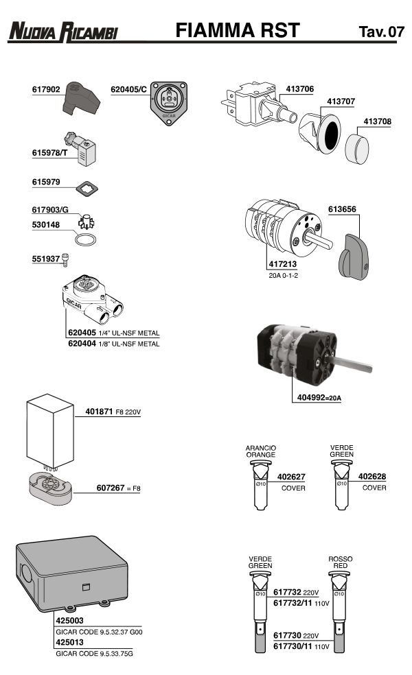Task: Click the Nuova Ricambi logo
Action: click(63, 31)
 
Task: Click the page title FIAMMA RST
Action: click(238, 30)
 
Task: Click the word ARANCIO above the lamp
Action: click(261, 448)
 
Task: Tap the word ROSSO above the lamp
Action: click(341, 559)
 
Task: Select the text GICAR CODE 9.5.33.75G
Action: click(95, 654)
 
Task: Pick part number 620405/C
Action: click(128, 90)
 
